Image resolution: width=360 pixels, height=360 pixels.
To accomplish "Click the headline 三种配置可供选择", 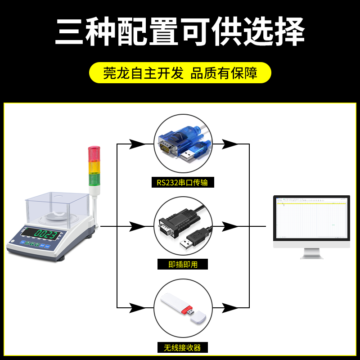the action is [180, 32].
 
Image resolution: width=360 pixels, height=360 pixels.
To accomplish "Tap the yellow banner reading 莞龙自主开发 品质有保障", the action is [180, 73].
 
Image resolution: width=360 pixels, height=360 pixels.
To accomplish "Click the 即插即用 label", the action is [183, 265].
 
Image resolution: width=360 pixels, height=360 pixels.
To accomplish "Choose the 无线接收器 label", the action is [183, 347].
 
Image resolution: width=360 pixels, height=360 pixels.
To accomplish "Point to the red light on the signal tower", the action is [94, 153].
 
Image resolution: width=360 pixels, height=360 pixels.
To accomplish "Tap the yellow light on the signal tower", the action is [94, 167].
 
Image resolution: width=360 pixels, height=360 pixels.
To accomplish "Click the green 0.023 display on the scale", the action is [46, 234].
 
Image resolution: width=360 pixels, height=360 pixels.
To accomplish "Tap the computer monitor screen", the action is [311, 220].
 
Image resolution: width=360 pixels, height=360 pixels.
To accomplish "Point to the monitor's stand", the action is [311, 253].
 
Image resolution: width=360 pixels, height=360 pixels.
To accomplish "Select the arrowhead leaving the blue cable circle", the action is [230, 144].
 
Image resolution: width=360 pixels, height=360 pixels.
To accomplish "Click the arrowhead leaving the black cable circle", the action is [230, 226].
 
